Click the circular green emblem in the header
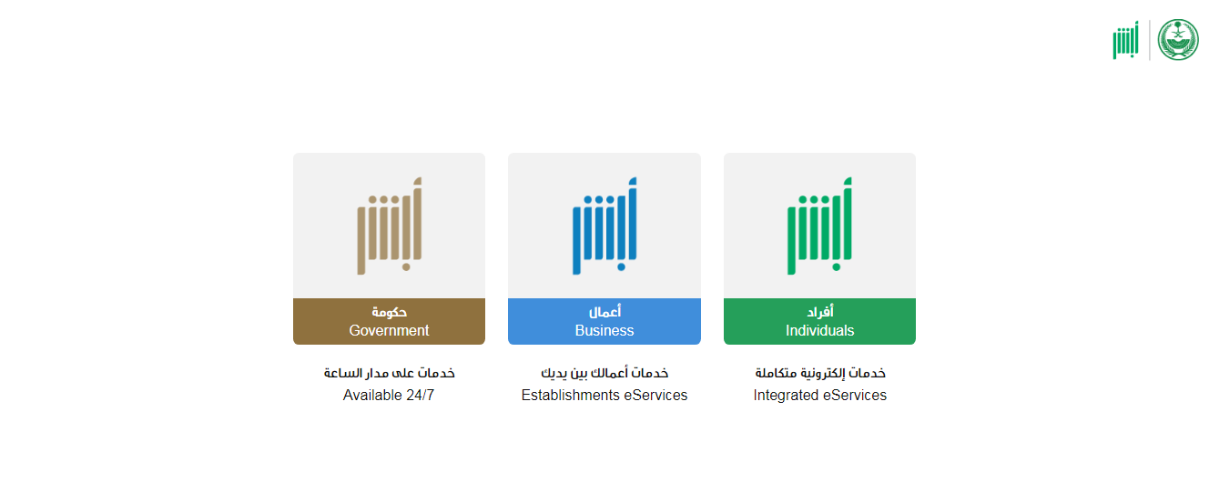pyautogui.click(x=1178, y=40)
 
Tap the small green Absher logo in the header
pyautogui.click(x=1125, y=40)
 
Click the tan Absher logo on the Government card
pyautogui.click(x=389, y=226)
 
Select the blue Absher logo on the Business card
pyautogui.click(x=604, y=226)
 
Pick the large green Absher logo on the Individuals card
pyautogui.click(x=819, y=226)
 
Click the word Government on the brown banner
pyautogui.click(x=389, y=330)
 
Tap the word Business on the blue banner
pyautogui.click(x=604, y=330)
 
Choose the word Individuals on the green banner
pyautogui.click(x=819, y=330)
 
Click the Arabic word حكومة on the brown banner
pyautogui.click(x=389, y=312)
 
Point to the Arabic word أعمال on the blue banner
pyautogui.click(x=604, y=311)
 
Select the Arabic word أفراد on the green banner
pyautogui.click(x=820, y=311)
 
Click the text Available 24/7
pyautogui.click(x=388, y=395)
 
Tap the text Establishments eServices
pyautogui.click(x=604, y=395)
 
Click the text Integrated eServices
pyautogui.click(x=820, y=395)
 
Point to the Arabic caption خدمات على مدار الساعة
pyautogui.click(x=389, y=373)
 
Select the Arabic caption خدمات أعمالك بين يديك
pyautogui.click(x=604, y=373)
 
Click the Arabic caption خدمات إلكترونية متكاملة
pyautogui.click(x=820, y=373)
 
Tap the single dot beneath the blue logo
pyautogui.click(x=621, y=266)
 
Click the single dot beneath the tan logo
pyautogui.click(x=406, y=266)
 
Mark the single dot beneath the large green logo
pyautogui.click(x=836, y=266)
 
